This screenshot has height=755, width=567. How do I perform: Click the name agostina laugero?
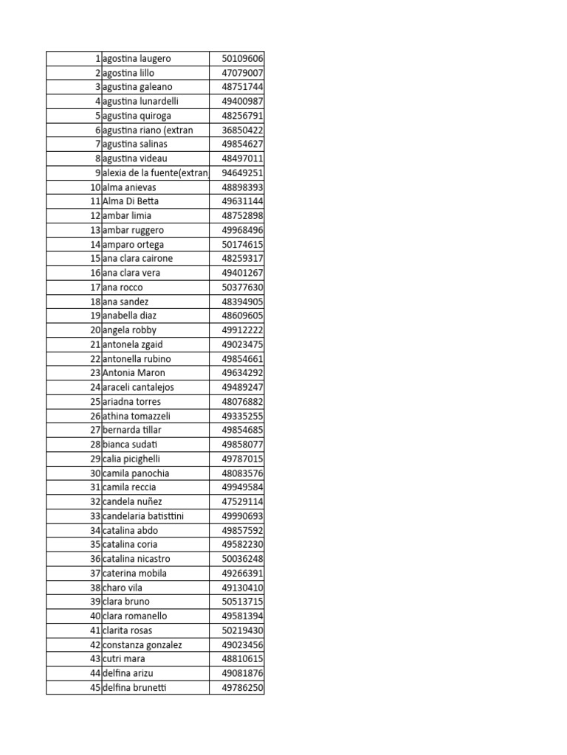137,58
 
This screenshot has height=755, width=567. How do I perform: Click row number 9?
97,173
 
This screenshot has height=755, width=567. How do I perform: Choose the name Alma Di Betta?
131,201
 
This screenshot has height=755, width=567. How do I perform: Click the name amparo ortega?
133,244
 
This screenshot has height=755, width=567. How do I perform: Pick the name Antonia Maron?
134,373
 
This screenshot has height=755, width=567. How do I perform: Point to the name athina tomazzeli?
137,416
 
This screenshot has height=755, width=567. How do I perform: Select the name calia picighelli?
131,459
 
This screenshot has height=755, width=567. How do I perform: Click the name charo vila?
123,588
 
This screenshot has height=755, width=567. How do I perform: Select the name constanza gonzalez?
142,644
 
